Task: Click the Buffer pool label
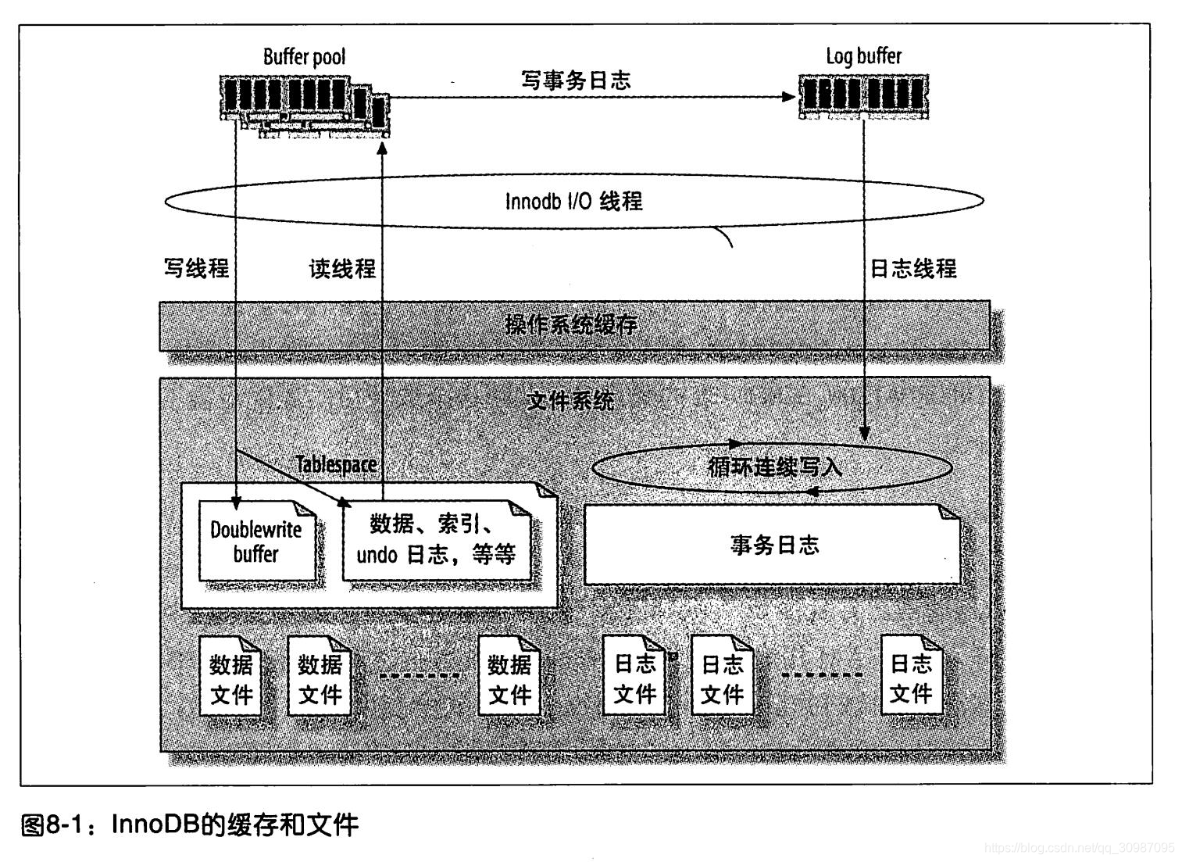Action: tap(304, 56)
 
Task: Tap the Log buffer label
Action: tap(863, 55)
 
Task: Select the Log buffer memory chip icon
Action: tap(864, 96)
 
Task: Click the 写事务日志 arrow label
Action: tap(576, 80)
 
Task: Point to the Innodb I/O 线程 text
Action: tap(573, 201)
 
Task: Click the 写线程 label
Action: tap(196, 268)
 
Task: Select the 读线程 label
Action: tap(342, 269)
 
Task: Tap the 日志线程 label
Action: tap(913, 268)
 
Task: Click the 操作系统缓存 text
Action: tap(571, 324)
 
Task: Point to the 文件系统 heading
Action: tap(570, 401)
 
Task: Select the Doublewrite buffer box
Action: tap(257, 542)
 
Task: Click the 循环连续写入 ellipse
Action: tap(772, 467)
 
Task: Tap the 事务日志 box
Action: tap(773, 545)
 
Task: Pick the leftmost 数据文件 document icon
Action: tap(230, 678)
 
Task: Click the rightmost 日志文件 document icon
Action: tap(911, 677)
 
